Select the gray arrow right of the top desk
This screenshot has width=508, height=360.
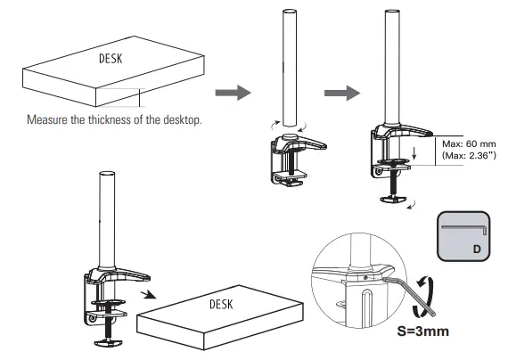227,92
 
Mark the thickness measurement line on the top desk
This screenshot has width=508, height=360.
140,97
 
